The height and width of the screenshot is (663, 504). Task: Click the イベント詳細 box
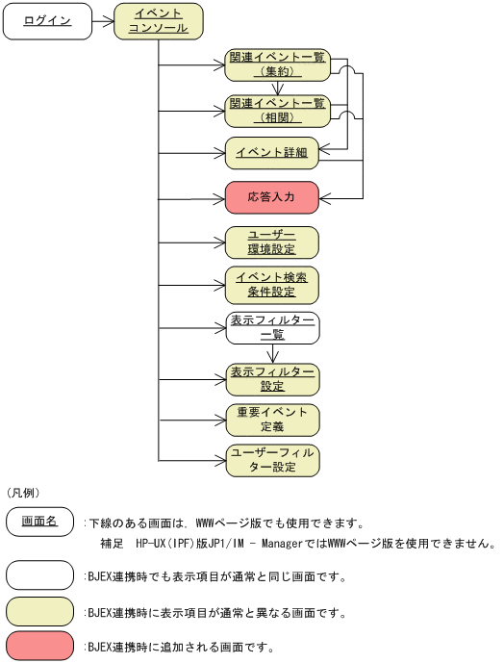(x=272, y=152)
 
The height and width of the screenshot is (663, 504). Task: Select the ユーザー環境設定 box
(x=272, y=242)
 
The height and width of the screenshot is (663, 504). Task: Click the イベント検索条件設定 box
(x=272, y=285)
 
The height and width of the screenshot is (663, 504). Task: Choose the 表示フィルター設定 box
(x=272, y=378)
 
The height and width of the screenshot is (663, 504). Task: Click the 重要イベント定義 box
(x=272, y=420)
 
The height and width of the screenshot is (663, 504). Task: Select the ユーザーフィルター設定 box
(x=272, y=461)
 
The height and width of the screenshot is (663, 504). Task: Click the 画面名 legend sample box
(x=39, y=523)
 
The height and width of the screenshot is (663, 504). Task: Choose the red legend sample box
(x=39, y=645)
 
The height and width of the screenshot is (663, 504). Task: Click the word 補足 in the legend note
(x=113, y=544)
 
